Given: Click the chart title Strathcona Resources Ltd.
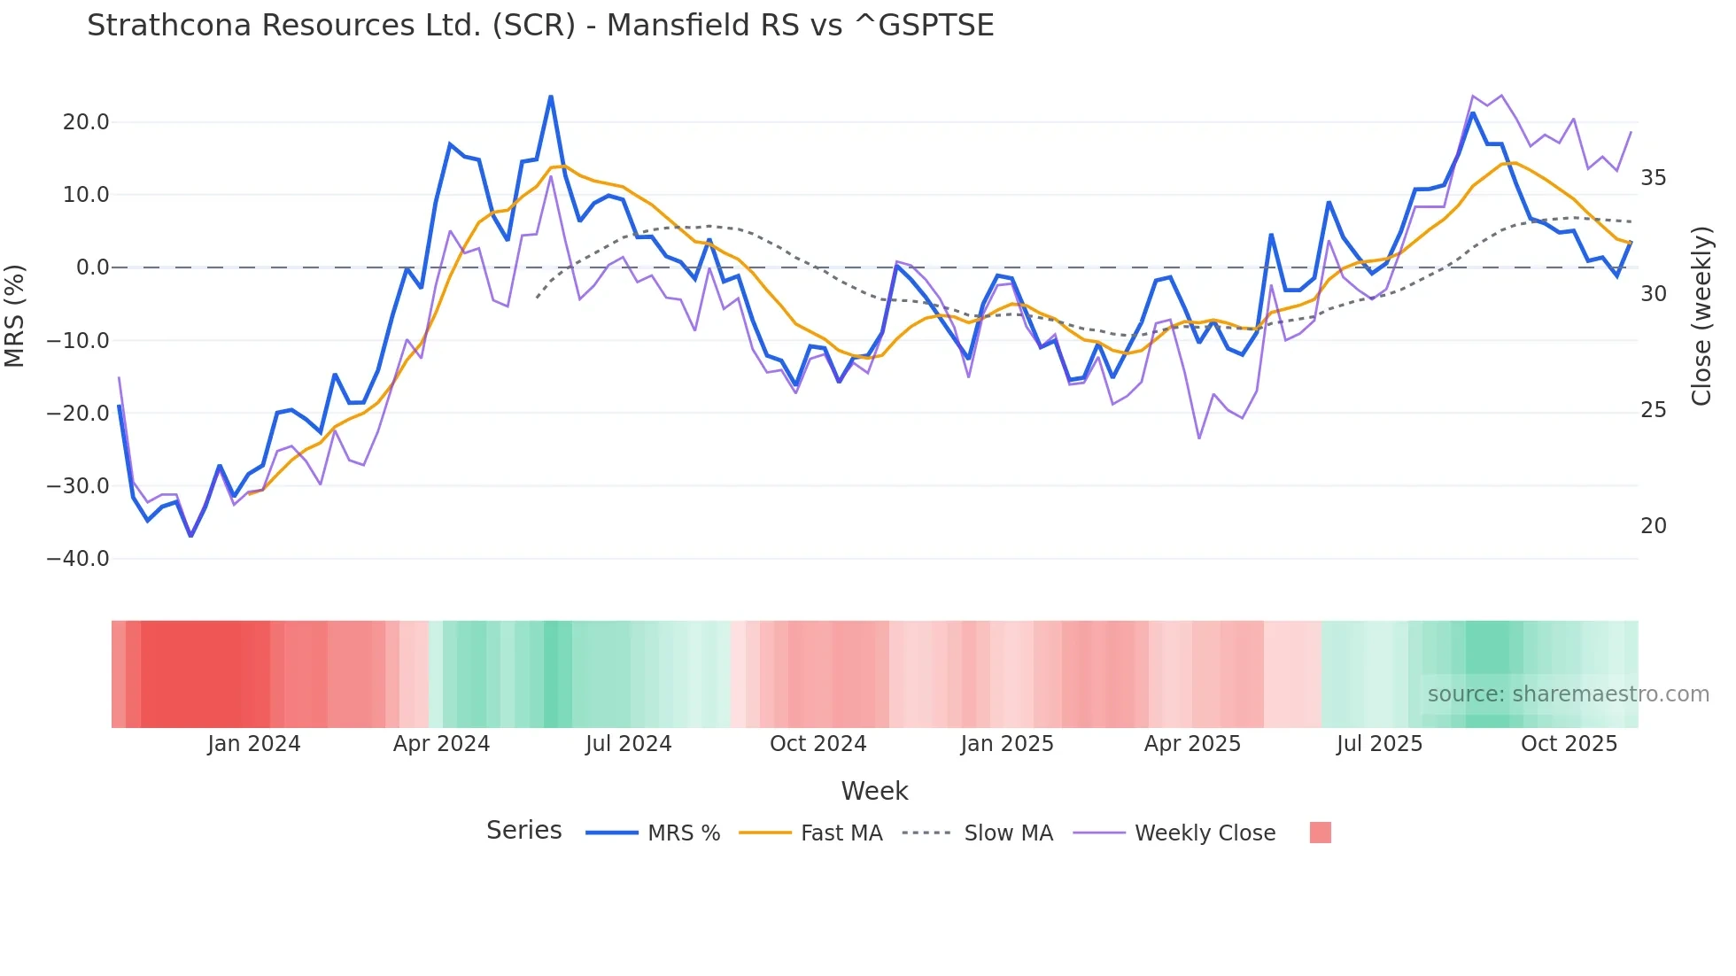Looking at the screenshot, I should (x=540, y=26).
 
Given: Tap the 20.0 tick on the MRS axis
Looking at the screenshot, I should (x=86, y=122).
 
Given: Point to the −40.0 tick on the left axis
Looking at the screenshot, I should (x=78, y=559).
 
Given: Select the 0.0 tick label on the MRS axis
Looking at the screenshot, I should (x=93, y=267).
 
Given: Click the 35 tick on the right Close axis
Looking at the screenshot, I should (x=1653, y=178).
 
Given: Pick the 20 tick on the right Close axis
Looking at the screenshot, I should (x=1653, y=526).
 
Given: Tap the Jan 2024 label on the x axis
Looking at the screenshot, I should (x=254, y=744).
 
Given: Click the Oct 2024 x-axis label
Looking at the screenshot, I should (x=818, y=744).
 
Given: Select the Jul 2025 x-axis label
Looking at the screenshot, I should (x=1379, y=744).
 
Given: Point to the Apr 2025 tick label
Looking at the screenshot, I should (x=1192, y=744).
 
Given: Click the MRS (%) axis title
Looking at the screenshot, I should (x=15, y=316).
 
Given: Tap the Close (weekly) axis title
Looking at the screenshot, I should (x=1701, y=316).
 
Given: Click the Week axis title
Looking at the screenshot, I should (x=874, y=791).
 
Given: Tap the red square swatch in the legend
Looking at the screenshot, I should (x=1320, y=833).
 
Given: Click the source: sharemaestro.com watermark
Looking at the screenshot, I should (x=1568, y=694).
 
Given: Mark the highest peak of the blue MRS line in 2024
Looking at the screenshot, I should (x=551, y=97).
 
